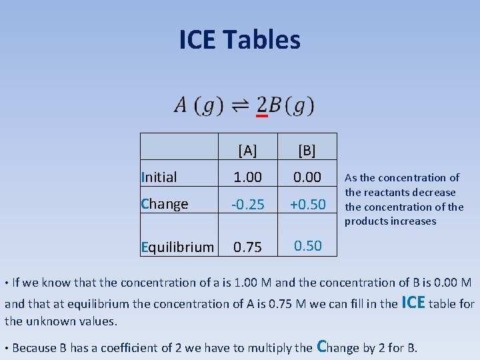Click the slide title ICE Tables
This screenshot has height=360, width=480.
[x=239, y=40]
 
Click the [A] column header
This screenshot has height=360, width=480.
[x=247, y=150]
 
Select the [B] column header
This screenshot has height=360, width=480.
[x=307, y=150]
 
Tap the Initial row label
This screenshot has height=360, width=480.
[x=159, y=177]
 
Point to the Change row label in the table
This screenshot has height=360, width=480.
[x=165, y=204]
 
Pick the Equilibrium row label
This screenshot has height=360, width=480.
[x=178, y=247]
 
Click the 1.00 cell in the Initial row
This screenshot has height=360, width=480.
[x=247, y=177]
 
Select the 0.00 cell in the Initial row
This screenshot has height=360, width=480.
[x=307, y=177]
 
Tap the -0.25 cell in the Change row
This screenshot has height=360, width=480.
[x=247, y=205]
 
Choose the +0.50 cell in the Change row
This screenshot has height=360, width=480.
[x=307, y=205]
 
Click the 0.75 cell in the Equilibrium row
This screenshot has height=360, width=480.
[x=247, y=247]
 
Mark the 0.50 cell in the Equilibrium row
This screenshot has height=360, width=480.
[x=307, y=245]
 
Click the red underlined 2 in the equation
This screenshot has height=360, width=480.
[x=262, y=105]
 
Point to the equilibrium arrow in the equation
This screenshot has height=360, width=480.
[x=241, y=106]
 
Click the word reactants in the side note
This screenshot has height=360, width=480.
[x=388, y=192]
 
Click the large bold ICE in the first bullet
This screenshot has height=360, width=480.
[x=413, y=302]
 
